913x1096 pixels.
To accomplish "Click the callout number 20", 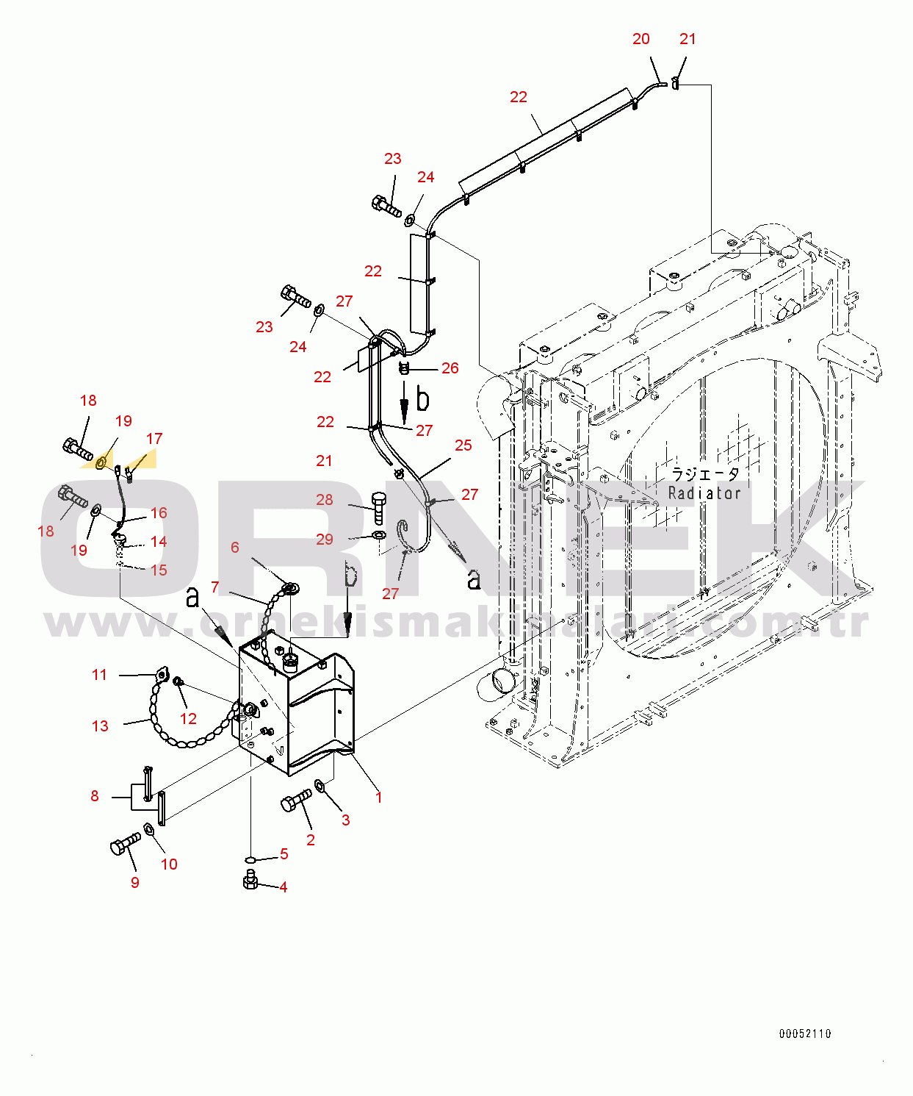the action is (640, 39).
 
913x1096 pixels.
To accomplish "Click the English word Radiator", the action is (704, 493).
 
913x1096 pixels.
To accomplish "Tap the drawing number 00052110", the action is (805, 1034).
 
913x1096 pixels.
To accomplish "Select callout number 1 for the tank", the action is (378, 798).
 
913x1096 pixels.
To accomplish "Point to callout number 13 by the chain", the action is (100, 726).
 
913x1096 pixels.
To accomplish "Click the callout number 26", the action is (450, 368).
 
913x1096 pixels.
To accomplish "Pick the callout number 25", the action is (463, 445).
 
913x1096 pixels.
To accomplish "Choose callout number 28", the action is (325, 500).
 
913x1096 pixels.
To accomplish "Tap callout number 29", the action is (325, 539).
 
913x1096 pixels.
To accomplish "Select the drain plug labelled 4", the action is (250, 879).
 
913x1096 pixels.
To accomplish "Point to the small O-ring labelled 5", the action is (251, 859).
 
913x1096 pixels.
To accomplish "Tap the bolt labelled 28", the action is (379, 509).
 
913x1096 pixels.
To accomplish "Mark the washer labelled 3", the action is (320, 785).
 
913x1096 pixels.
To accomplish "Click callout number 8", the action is (95, 796).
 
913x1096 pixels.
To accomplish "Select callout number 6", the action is (235, 548).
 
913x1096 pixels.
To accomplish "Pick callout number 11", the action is (99, 675).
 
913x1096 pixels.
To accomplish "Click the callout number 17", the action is (154, 438).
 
